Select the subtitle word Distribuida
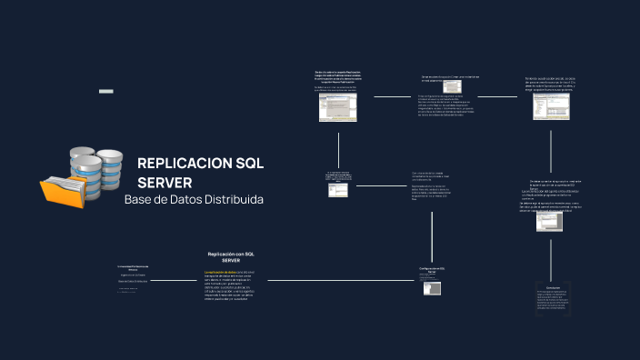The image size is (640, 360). (235, 199)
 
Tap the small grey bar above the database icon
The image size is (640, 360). (105, 92)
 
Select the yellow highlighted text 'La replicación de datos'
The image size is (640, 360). (221, 272)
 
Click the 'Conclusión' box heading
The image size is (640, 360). (547, 287)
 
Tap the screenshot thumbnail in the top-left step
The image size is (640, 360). (337, 108)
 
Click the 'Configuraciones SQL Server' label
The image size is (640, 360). (432, 270)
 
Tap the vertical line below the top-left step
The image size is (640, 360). (338, 145)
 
